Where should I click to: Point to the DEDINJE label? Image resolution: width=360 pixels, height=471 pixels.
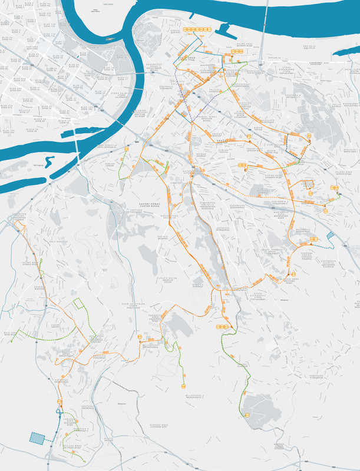pyautogui.click(x=163, y=236)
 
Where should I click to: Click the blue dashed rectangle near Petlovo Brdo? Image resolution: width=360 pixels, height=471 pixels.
pyautogui.click(x=37, y=439)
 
